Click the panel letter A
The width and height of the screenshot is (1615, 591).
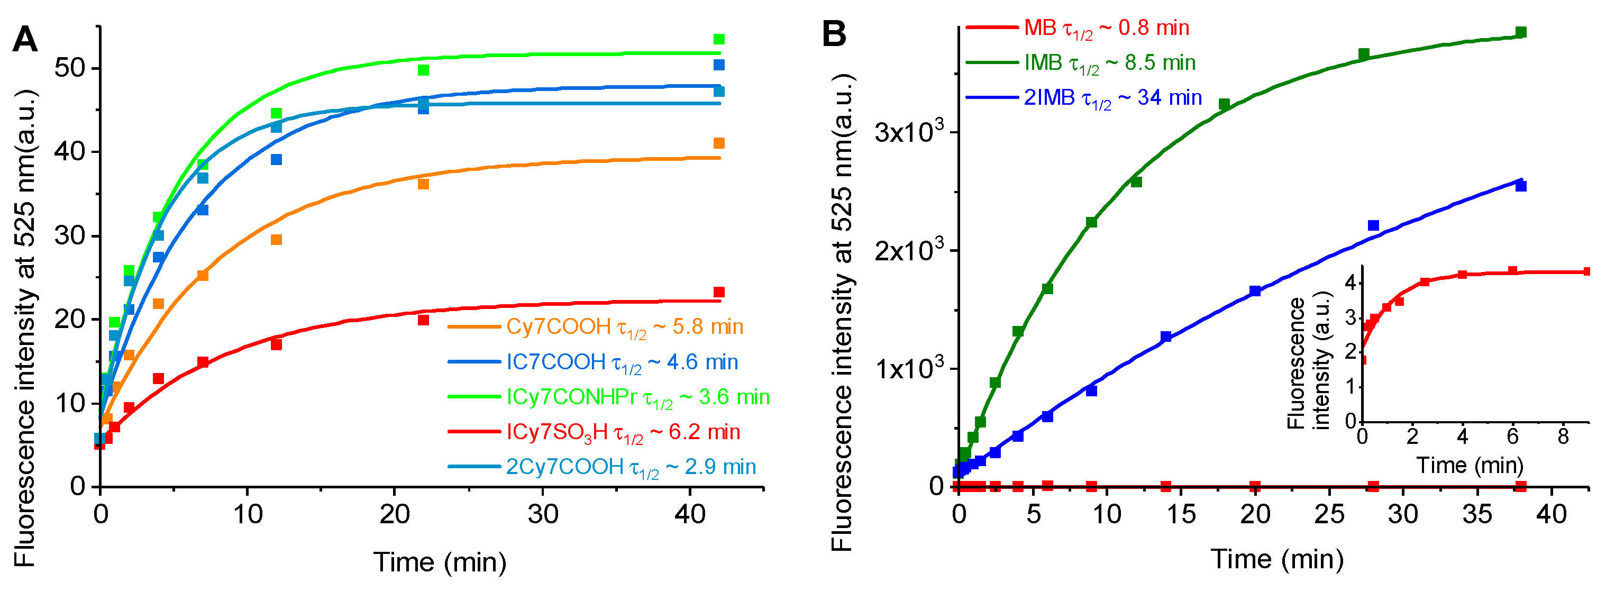tap(25, 40)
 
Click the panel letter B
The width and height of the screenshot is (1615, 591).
tap(834, 33)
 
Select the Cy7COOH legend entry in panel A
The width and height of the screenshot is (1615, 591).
tap(624, 327)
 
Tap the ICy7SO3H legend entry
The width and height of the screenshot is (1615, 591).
tap(623, 432)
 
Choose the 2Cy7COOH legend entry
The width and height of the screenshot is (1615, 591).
tap(631, 467)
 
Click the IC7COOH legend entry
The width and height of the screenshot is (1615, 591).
tap(622, 362)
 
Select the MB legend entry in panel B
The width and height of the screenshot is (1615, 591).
tap(1106, 28)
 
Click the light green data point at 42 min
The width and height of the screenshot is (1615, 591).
tap(719, 40)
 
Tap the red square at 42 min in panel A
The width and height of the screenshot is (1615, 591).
tap(719, 293)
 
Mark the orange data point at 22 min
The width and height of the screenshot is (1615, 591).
tap(423, 184)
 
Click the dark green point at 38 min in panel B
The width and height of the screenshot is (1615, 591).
tap(1521, 32)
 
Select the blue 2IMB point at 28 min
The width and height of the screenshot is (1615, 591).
tap(1374, 225)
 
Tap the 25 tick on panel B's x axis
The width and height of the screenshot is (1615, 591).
tap(1329, 514)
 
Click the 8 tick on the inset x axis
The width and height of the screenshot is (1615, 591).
tap(1563, 437)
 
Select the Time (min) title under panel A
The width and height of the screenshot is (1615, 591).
tap(440, 562)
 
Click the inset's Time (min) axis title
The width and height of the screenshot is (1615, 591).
tap(1470, 466)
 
